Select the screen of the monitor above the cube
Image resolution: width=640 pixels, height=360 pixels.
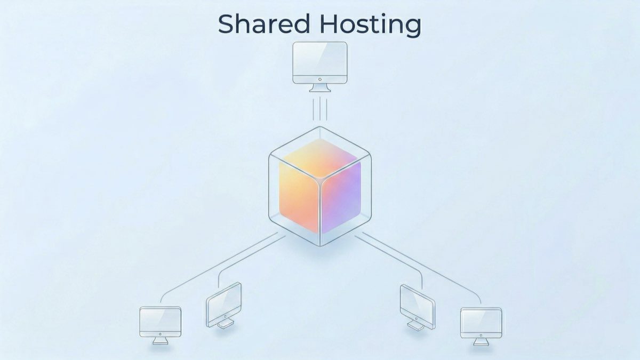tap(320, 60)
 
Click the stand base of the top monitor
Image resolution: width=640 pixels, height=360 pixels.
tap(320, 89)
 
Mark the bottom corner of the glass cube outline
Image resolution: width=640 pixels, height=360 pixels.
tap(320, 245)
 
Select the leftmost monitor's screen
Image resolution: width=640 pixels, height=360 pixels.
tap(160, 321)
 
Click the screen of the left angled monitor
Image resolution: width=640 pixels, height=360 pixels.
tap(224, 302)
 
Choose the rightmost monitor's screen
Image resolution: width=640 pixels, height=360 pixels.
tap(481, 322)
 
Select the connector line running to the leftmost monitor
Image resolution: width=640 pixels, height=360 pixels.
tap(213, 266)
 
